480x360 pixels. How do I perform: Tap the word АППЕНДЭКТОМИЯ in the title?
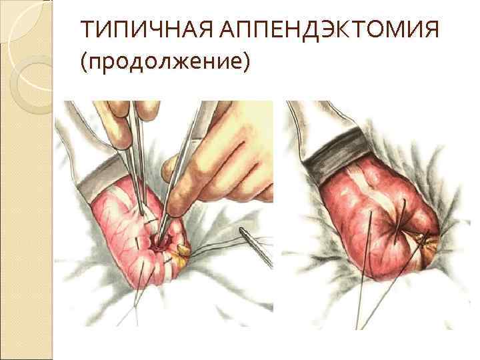point(329,29)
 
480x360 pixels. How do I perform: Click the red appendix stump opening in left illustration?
point(158,244)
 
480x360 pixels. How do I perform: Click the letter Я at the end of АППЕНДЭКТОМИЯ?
point(431,29)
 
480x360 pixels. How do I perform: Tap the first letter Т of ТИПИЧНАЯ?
point(88,29)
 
